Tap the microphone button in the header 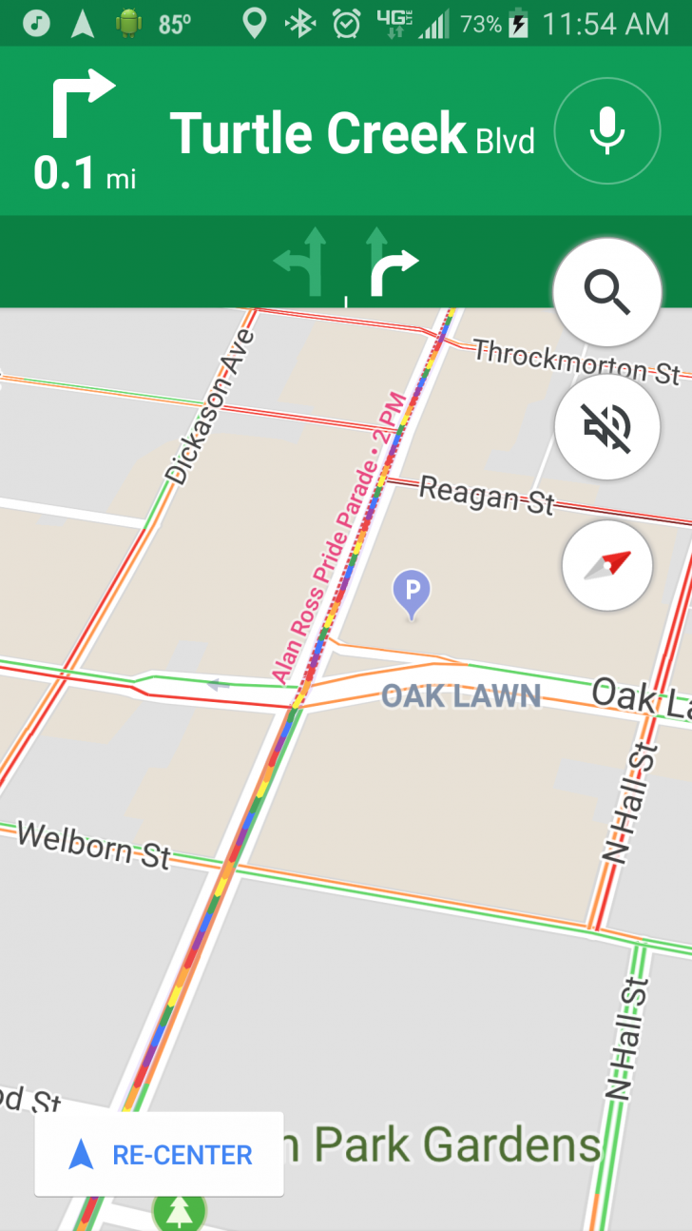point(607,130)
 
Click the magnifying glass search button point(607,291)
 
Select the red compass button point(607,565)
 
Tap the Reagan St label point(486,495)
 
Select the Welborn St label point(93,843)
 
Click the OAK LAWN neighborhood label point(461,695)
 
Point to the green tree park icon point(179,1211)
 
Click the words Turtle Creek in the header point(317,133)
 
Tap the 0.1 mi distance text point(85,174)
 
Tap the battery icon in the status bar point(519,24)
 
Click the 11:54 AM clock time point(605,24)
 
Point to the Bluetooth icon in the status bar point(300,24)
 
